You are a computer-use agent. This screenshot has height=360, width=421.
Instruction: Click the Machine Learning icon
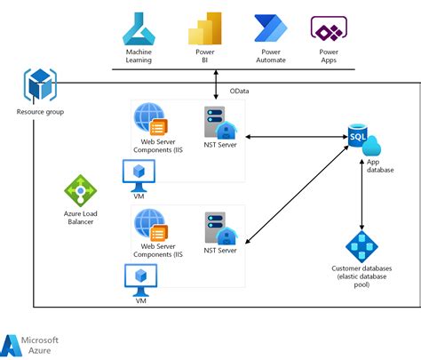pyautogui.click(x=139, y=29)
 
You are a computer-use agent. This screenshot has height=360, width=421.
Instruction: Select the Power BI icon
pyautogui.click(x=203, y=29)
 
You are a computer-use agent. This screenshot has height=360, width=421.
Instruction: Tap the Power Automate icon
pyautogui.click(x=270, y=29)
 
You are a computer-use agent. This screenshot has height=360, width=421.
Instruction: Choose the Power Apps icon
pyautogui.click(x=328, y=29)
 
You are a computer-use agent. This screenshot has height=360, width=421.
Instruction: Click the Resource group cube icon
pyautogui.click(x=39, y=87)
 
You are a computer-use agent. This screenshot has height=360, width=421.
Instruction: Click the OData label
pyautogui.click(x=240, y=91)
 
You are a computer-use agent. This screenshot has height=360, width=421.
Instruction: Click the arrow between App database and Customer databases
pyautogui.click(x=361, y=196)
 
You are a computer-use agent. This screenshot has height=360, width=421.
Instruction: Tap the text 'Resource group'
pyautogui.click(x=40, y=112)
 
